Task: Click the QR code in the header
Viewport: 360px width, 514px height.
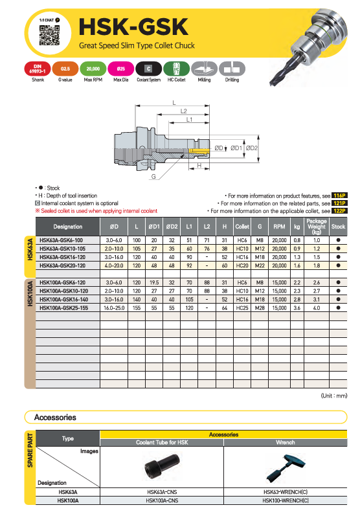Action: [x=49, y=36]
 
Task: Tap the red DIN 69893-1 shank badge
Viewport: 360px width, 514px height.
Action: [x=38, y=69]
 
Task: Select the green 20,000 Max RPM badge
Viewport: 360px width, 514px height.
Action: [x=93, y=69]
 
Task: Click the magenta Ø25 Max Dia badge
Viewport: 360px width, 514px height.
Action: [x=121, y=69]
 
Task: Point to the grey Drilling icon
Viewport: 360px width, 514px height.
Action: [x=232, y=69]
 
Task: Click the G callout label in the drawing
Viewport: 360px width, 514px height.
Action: [x=153, y=177]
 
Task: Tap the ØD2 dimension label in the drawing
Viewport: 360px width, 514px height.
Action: [x=252, y=148]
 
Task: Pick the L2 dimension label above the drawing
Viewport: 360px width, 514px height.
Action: [x=184, y=111]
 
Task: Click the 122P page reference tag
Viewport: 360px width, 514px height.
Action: [x=339, y=211]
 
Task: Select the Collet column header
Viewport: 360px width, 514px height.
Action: [x=242, y=227]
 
